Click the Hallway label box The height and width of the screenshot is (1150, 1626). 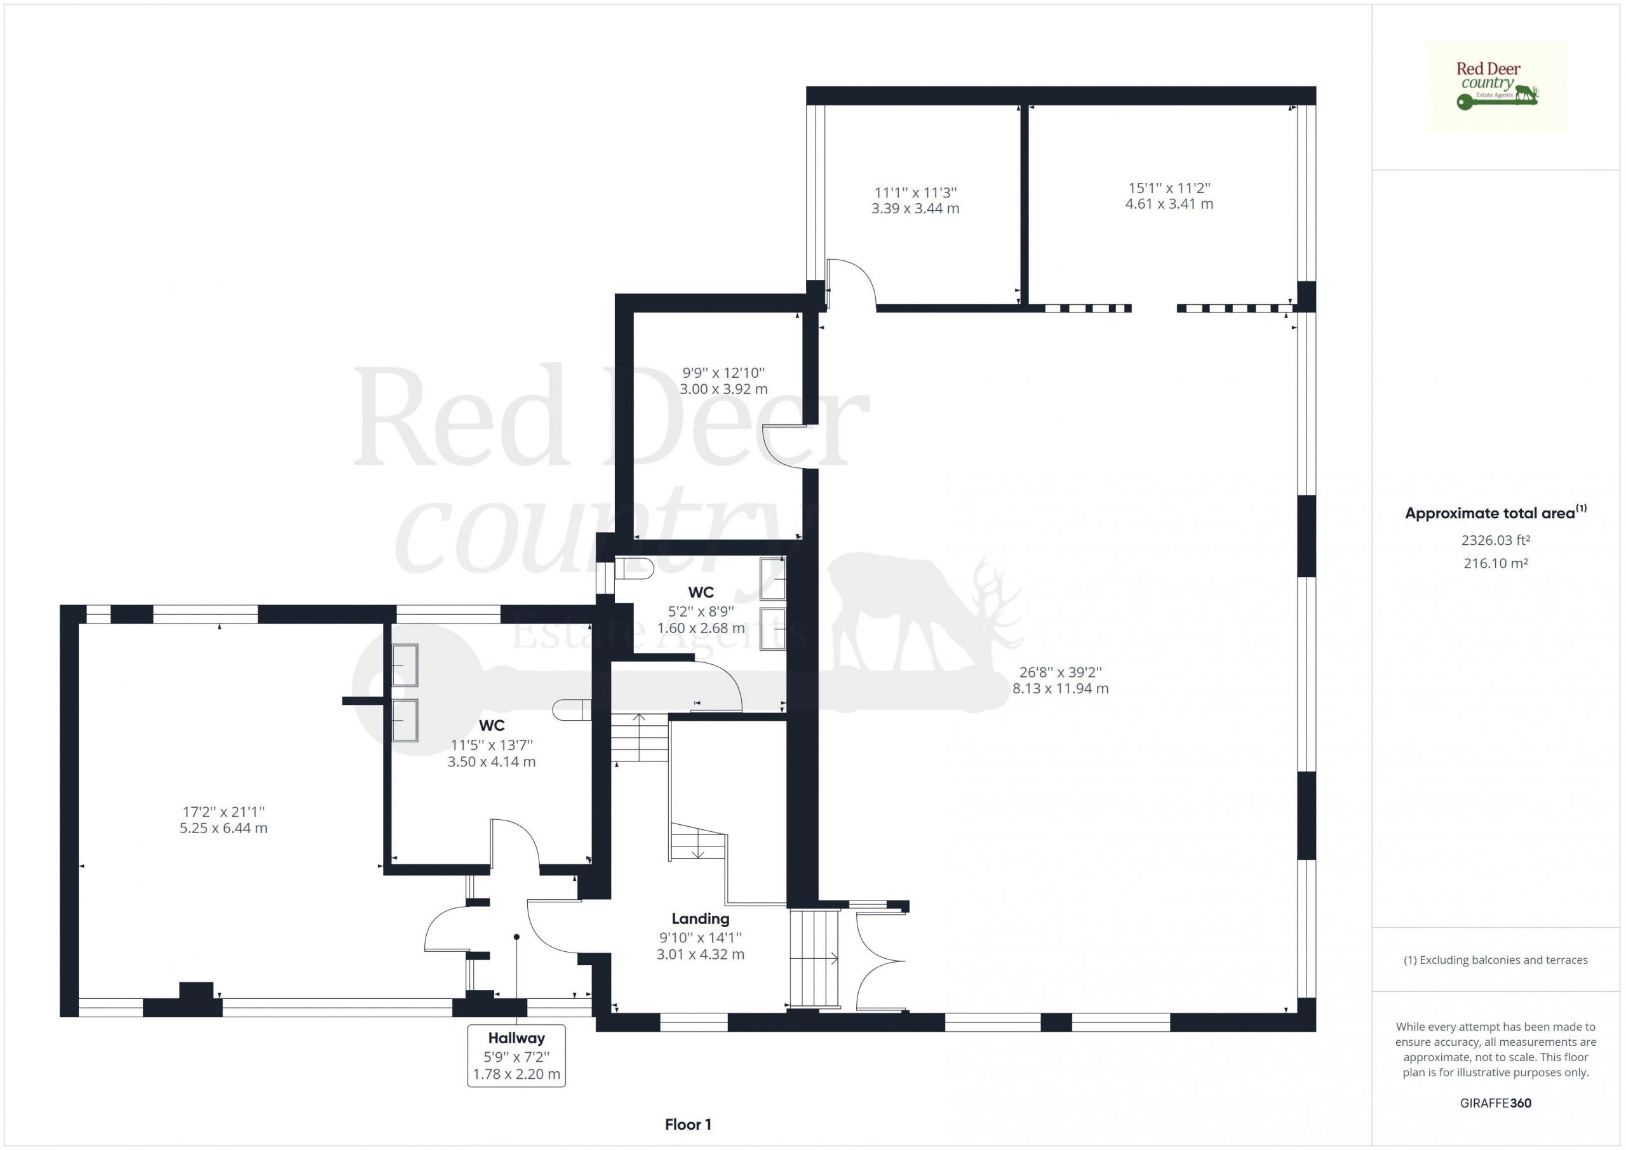pos(516,1055)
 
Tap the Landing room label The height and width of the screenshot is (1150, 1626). pos(701,918)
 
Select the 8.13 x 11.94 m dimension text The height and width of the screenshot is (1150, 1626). pos(1060,688)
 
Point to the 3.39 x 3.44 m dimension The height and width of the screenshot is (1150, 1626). pos(915,208)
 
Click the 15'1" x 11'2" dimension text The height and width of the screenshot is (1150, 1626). pos(1169,188)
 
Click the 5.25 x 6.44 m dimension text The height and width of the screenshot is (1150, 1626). pos(224,828)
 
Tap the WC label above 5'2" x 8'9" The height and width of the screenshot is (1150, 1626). pos(701,592)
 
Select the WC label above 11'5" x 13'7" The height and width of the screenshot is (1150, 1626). pos(492,725)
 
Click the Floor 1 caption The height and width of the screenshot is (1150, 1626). pos(688,1125)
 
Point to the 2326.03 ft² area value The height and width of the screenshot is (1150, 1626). pos(1496,540)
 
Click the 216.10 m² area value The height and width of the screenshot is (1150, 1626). pos(1496,564)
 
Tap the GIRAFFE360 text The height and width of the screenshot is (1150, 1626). pos(1496,1102)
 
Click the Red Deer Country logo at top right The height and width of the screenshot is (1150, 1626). pos(1496,87)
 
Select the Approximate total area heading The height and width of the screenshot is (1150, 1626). pos(1496,512)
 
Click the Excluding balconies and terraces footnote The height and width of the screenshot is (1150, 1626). pos(1496,960)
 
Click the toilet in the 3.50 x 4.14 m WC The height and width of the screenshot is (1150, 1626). pos(572,709)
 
